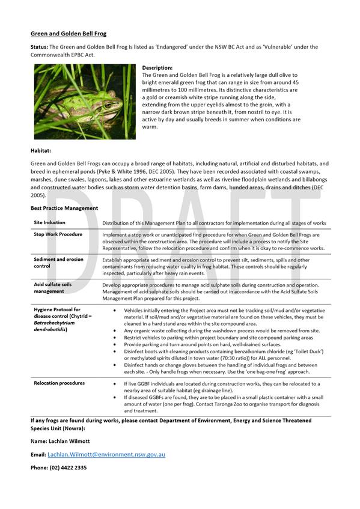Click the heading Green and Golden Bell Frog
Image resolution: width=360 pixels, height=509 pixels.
(69, 34)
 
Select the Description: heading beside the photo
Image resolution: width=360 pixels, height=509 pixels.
(157, 68)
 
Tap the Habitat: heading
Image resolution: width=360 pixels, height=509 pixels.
(41, 151)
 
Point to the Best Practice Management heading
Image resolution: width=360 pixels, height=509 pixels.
(64, 208)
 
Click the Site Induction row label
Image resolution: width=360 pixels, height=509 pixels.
(49, 222)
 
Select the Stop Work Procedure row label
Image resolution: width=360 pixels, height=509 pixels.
(58, 234)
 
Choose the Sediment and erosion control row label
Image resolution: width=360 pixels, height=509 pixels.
(58, 261)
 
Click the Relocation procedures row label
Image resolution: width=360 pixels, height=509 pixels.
(59, 383)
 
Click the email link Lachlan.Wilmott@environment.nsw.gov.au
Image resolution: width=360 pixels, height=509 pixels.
(106, 454)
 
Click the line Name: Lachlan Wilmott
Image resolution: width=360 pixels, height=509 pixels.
(60, 441)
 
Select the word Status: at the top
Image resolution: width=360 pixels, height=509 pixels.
(40, 47)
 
